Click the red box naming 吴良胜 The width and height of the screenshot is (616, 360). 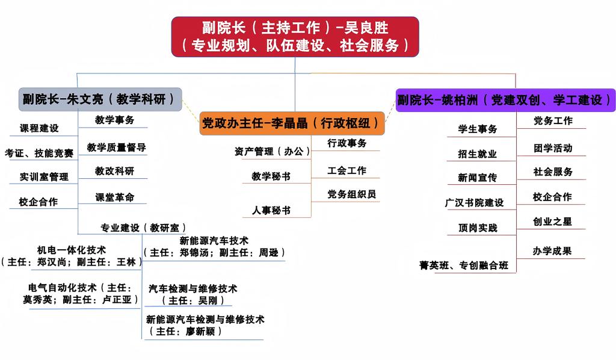click(x=295, y=36)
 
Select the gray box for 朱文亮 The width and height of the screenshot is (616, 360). click(x=100, y=99)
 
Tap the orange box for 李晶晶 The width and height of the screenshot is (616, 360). click(x=292, y=123)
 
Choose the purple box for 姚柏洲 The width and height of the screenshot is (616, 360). click(x=505, y=100)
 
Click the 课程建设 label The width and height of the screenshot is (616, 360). click(x=39, y=128)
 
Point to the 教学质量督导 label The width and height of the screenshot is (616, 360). click(x=116, y=147)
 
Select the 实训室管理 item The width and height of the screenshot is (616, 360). click(x=44, y=177)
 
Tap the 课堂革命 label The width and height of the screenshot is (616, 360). click(x=114, y=197)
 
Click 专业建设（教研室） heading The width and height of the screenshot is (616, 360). click(x=140, y=228)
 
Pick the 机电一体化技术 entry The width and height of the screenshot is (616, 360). click(x=71, y=249)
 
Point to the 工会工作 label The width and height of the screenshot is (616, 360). click(x=346, y=170)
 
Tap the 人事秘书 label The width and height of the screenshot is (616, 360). click(x=271, y=210)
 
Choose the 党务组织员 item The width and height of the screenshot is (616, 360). click(x=352, y=194)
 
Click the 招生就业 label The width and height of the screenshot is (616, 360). click(x=478, y=154)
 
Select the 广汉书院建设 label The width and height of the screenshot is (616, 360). click(x=474, y=203)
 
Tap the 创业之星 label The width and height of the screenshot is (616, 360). click(x=552, y=222)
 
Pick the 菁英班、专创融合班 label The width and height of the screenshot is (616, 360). click(x=464, y=265)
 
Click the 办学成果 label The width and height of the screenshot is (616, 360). click(x=552, y=251)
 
